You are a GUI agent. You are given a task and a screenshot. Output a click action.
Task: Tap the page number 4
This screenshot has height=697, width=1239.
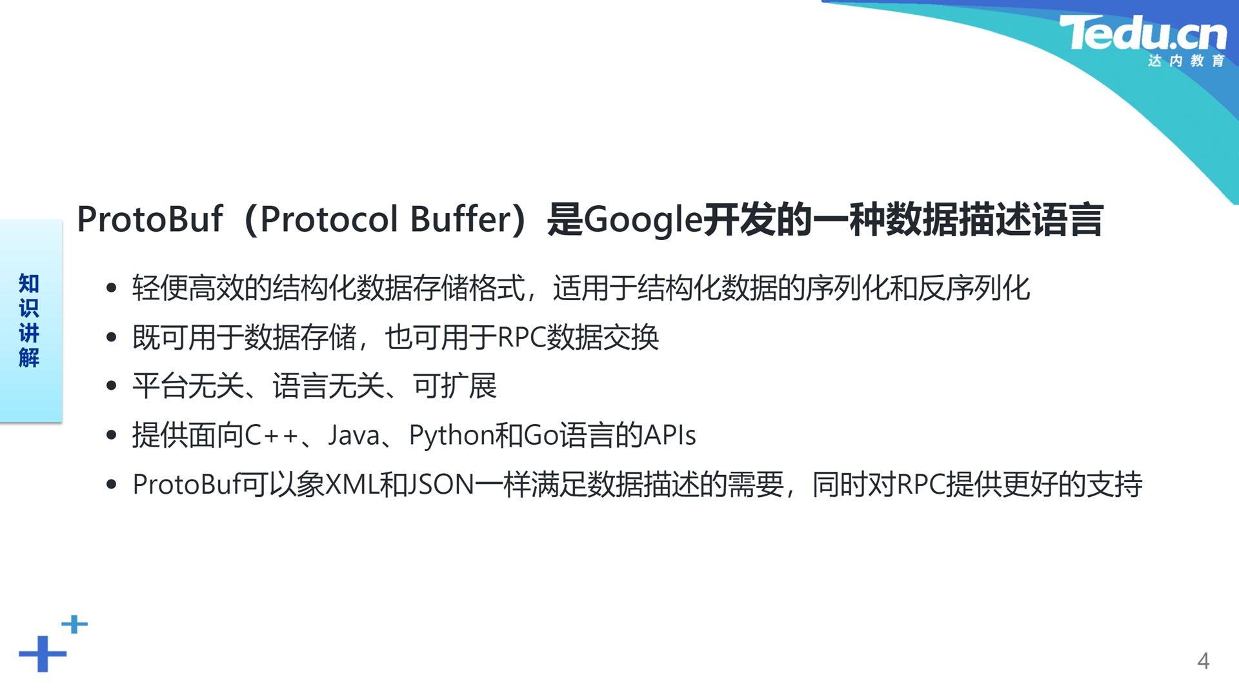tap(1203, 661)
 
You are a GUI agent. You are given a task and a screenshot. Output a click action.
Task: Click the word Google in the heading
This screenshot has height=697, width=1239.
tap(643, 219)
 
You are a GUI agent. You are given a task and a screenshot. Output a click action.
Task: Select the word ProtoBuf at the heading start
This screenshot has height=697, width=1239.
tap(150, 219)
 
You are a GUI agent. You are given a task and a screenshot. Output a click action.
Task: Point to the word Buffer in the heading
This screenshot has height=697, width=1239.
tap(461, 219)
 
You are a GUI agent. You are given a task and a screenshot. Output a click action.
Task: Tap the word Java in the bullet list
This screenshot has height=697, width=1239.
tap(354, 435)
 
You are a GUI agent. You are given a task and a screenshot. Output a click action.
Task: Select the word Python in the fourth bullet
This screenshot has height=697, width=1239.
tap(451, 436)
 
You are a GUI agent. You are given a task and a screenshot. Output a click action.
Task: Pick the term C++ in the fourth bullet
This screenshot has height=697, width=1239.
tap(272, 435)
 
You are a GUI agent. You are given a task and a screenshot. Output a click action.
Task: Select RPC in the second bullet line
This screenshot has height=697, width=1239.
tap(521, 338)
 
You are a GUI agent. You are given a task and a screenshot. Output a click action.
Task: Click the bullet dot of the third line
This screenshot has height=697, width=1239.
tap(112, 386)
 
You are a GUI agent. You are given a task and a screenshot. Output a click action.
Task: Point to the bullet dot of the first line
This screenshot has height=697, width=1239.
tap(112, 288)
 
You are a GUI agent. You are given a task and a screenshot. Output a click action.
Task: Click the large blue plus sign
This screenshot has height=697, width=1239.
tap(43, 654)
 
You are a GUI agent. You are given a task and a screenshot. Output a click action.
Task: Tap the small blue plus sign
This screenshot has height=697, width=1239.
tap(74, 624)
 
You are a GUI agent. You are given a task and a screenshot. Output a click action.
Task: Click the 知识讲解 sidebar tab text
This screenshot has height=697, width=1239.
tap(29, 320)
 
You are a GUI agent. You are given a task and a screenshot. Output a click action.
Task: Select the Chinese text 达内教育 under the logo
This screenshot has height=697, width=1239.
tap(1186, 61)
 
